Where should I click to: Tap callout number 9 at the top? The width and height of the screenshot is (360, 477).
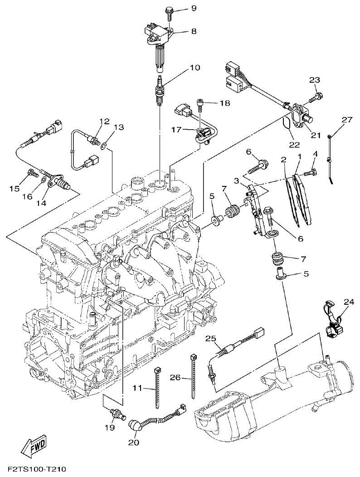coord(181,9)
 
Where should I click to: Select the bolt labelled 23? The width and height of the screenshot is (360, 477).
coord(317,97)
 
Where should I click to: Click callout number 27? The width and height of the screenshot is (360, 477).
coord(347,120)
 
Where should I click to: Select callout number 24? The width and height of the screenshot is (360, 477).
coord(348,302)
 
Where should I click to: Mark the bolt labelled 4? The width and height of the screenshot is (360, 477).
coord(310,173)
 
